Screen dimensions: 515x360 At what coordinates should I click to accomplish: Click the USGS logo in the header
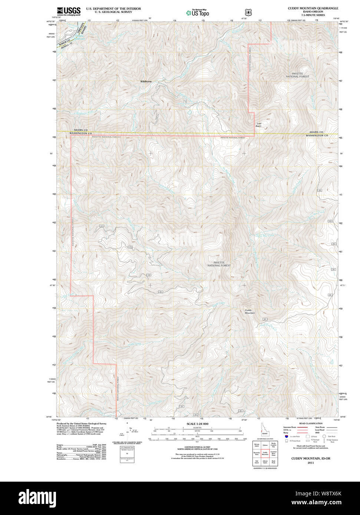click(69, 11)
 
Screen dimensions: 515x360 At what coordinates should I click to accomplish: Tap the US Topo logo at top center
click(198, 13)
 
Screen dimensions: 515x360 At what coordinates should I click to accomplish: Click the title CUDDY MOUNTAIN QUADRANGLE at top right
click(313, 8)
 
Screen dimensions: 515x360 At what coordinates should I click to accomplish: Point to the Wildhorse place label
click(146, 82)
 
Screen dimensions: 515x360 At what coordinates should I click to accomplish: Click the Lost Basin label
click(258, 125)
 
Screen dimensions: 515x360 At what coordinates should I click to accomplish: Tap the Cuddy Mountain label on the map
click(250, 312)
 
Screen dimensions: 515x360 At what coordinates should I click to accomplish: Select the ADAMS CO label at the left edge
click(80, 130)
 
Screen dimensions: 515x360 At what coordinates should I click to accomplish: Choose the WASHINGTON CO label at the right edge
click(317, 136)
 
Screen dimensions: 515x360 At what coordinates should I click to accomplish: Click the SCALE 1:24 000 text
click(197, 424)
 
